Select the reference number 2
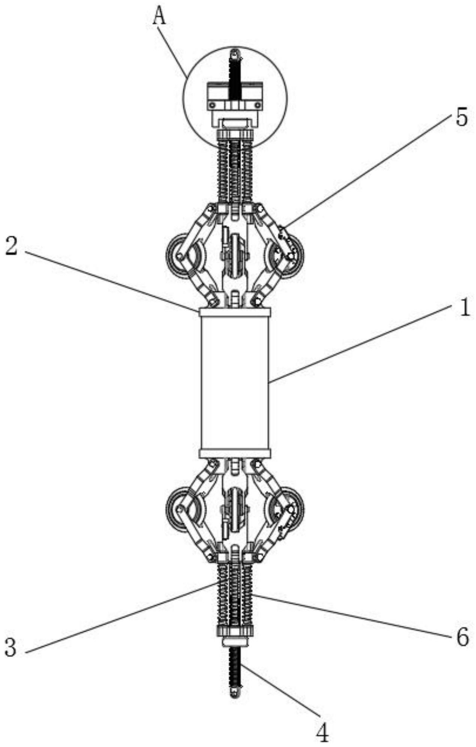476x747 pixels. click(11, 247)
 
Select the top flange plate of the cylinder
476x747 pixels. click(235, 312)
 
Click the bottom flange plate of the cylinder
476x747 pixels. click(235, 454)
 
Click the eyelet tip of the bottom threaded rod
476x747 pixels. click(235, 694)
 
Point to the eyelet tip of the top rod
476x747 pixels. click(235, 53)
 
